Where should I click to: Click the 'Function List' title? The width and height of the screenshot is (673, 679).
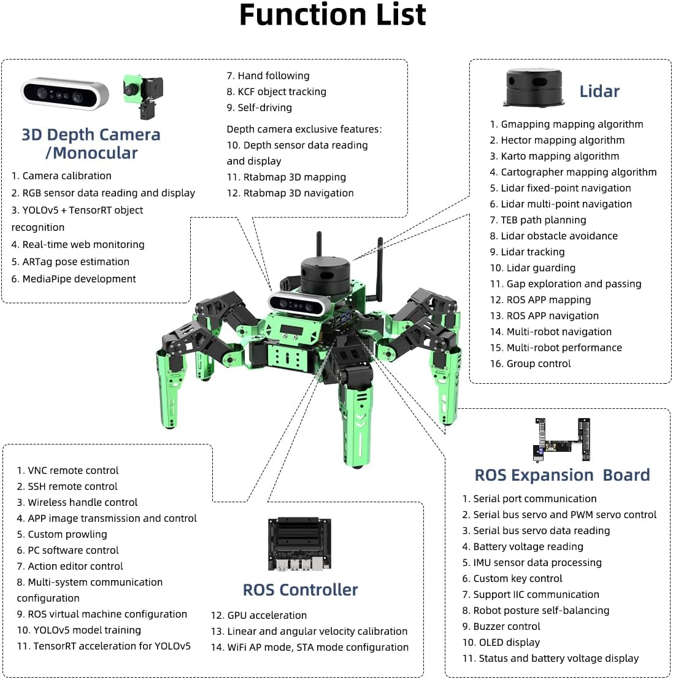tap(333, 15)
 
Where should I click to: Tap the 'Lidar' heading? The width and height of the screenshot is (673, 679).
tap(599, 91)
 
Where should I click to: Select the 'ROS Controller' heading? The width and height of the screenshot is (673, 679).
tap(301, 590)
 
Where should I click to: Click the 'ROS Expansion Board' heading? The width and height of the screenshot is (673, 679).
tap(562, 475)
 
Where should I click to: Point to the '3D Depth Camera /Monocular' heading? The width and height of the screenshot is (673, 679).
tap(91, 144)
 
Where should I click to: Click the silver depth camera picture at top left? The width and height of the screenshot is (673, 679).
tap(65, 93)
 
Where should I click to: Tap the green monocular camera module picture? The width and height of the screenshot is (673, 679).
tap(144, 96)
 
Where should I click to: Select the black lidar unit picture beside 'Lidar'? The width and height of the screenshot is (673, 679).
tap(534, 87)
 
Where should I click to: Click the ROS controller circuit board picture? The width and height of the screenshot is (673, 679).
tap(299, 543)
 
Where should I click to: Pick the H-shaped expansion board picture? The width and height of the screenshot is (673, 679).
tap(562, 439)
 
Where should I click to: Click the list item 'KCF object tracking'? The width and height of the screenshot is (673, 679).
tap(277, 92)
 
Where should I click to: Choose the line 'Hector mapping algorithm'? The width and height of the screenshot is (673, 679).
tap(558, 141)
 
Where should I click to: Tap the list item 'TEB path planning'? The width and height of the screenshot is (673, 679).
tap(538, 220)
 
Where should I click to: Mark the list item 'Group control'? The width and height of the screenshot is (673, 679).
tap(530, 363)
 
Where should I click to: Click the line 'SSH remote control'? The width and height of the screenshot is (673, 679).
tap(67, 486)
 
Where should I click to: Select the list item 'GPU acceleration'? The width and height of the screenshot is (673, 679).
tap(259, 615)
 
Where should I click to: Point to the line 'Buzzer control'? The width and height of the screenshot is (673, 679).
tap(501, 627)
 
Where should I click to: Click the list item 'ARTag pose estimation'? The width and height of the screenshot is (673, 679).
tap(71, 262)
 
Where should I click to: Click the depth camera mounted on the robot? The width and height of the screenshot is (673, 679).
tap(296, 303)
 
